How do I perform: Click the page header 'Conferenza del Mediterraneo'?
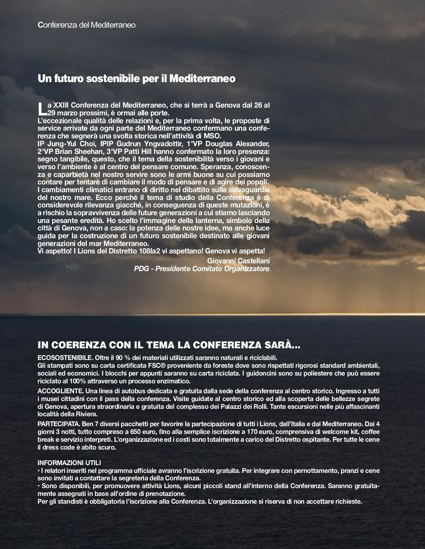tap(87, 25)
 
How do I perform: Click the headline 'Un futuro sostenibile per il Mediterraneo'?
tap(136, 79)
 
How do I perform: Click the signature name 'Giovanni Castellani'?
tap(238, 261)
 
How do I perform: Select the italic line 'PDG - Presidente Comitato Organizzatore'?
tap(202, 269)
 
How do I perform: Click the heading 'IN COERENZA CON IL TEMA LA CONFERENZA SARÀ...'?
tap(169, 345)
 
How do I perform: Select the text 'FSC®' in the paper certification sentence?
tap(137, 365)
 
